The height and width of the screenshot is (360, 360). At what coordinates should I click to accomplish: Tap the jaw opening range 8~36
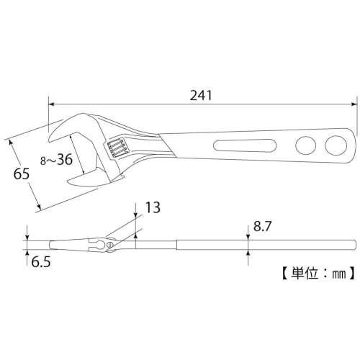pyautogui.click(x=55, y=160)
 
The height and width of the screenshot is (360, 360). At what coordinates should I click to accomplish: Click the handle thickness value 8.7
pyautogui.click(x=261, y=227)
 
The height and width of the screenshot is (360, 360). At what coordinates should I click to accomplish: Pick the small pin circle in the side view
pyautogui.click(x=109, y=246)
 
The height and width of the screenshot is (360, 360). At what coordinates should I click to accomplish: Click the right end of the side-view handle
pyautogui.click(x=356, y=245)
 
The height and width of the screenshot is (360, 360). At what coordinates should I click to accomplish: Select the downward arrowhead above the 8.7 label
pyautogui.click(x=248, y=238)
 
